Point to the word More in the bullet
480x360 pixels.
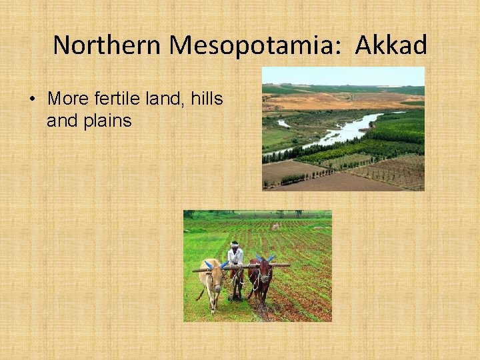point(65,99)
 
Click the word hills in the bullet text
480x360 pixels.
point(206,99)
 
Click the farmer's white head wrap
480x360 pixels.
point(234,244)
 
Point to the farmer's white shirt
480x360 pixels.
point(235,256)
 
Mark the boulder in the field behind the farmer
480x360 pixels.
point(275,227)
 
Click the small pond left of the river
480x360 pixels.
point(284,123)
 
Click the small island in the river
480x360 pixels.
point(366,127)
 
